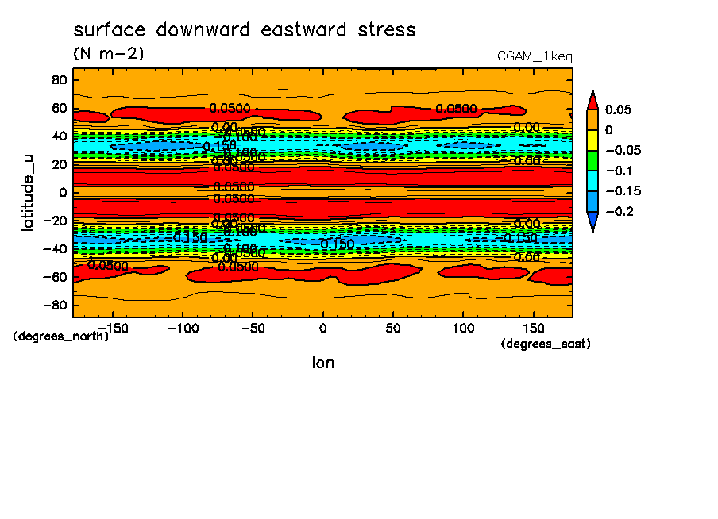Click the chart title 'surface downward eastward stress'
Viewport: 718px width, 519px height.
(x=244, y=30)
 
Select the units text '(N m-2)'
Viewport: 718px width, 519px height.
(x=108, y=54)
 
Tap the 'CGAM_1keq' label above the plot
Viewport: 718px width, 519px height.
(x=534, y=56)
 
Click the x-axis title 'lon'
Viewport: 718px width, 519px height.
(x=322, y=363)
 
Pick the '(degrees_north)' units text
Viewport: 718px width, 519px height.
(x=60, y=336)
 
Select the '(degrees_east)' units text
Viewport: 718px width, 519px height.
(x=546, y=344)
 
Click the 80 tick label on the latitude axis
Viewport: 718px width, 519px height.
(x=57, y=79)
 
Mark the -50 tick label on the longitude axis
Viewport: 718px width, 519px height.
(x=252, y=328)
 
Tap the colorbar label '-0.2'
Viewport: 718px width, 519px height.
(x=619, y=211)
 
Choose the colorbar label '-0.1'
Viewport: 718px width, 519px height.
(x=619, y=171)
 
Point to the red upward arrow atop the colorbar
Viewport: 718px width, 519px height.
(x=592, y=99)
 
